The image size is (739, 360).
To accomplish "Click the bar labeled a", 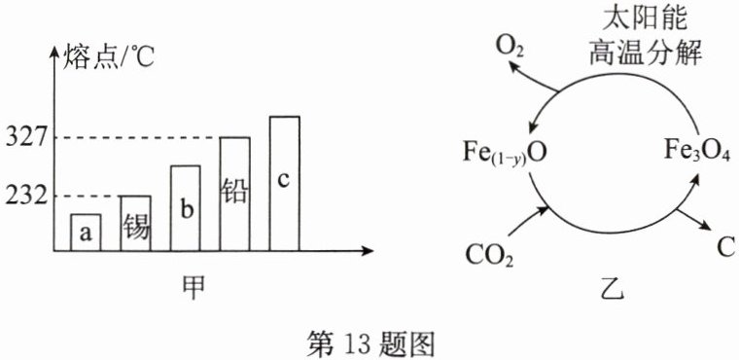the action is tap(86, 233).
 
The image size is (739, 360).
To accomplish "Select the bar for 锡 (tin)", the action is tap(136, 223).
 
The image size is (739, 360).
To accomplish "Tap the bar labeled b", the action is tap(185, 208).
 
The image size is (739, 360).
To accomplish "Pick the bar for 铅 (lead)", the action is tap(234, 194).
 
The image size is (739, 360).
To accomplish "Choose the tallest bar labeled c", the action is tap(284, 184).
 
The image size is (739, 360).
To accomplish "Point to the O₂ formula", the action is tap(509, 48).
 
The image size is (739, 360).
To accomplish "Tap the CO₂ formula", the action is tap(489, 255).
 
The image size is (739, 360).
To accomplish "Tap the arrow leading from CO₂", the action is tap(528, 221).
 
